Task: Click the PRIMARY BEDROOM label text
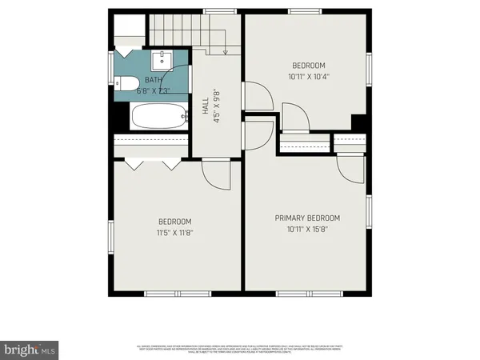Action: point(308,218)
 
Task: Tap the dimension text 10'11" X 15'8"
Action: point(308,229)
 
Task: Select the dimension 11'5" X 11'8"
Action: point(174,233)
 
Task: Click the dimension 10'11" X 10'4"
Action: point(308,76)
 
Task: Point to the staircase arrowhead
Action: point(226,52)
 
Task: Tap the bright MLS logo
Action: point(30,350)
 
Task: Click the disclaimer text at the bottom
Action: point(240,349)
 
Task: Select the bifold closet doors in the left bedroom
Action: point(152,164)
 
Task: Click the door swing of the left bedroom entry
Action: point(216,170)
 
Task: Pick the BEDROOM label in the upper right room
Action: point(308,65)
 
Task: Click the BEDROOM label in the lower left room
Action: point(174,222)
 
